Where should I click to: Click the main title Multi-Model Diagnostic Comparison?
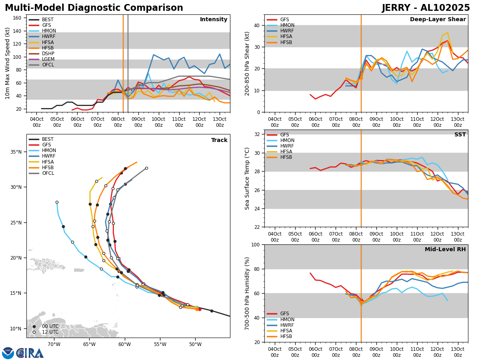tap(94, 8)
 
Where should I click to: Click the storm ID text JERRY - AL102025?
tap(426, 8)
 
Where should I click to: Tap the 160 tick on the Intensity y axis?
tap(18, 18)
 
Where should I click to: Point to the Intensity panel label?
tap(214, 20)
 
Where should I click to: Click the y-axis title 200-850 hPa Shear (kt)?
tap(248, 63)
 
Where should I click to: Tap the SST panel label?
tap(460, 135)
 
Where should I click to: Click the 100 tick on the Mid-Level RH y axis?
tap(256, 244)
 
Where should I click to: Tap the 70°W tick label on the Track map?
tap(54, 344)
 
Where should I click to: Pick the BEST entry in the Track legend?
tap(48, 140)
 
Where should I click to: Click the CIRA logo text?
tap(30, 353)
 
